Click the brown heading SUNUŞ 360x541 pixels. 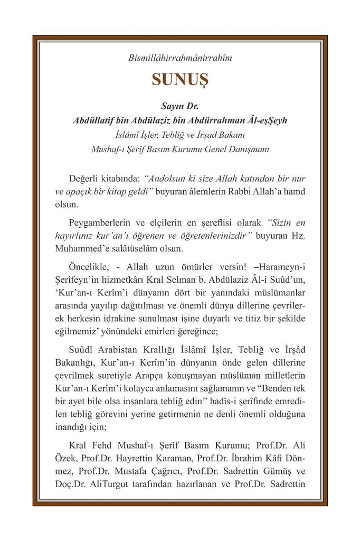click(x=180, y=79)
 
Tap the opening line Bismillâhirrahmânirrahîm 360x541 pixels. click(x=180, y=58)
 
